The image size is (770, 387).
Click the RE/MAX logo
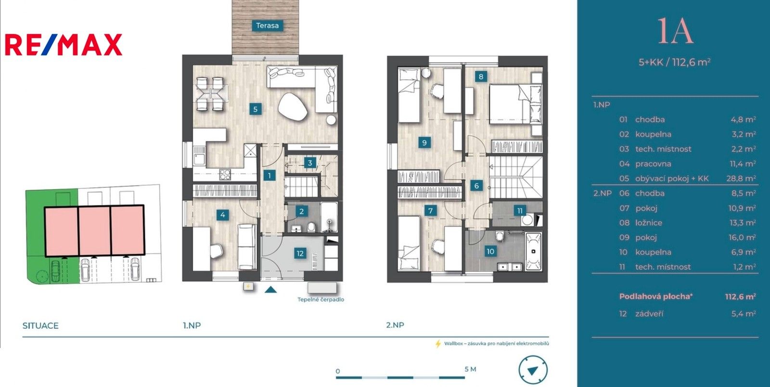click(64, 45)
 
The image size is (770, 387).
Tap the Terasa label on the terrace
click(267, 26)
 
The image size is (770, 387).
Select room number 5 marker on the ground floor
click(256, 109)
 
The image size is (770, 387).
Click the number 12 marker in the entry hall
click(300, 253)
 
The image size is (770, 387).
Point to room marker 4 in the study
click(223, 215)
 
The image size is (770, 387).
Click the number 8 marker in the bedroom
click(480, 76)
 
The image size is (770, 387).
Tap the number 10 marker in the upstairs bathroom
click(490, 251)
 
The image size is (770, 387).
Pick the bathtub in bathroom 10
click(533, 251)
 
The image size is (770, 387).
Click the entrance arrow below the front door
click(271, 290)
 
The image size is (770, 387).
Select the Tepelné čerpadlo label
click(321, 299)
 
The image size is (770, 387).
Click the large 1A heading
click(675, 31)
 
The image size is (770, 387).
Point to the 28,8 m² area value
click(741, 179)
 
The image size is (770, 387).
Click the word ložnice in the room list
click(648, 223)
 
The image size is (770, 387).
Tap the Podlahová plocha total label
click(655, 297)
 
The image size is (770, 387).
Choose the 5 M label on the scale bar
click(470, 369)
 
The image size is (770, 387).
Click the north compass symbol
click(533, 370)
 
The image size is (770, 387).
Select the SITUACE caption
click(40, 326)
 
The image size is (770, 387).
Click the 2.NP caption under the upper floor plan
click(395, 325)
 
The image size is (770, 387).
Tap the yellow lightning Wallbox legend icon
click(438, 344)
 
